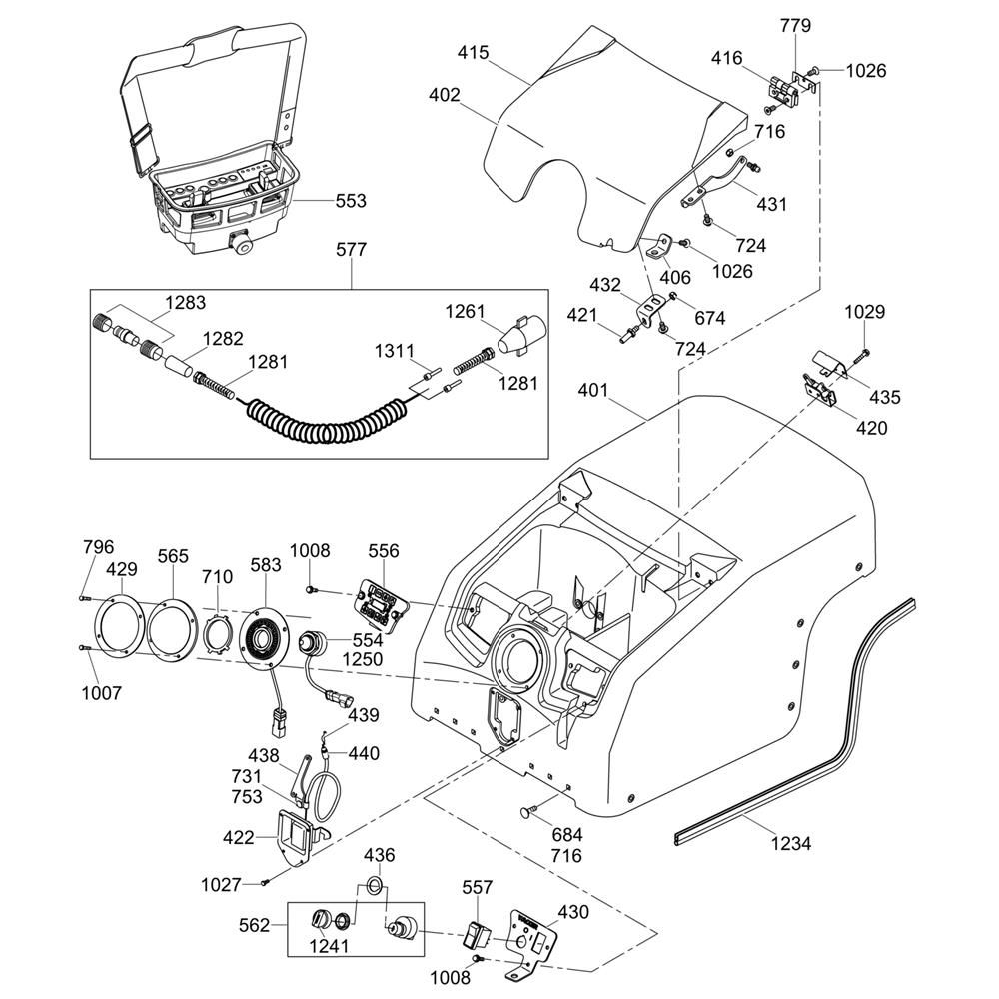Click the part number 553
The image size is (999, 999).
point(351,201)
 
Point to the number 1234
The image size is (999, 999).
point(790,844)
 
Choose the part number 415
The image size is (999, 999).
point(474,52)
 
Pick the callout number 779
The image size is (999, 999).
point(796,25)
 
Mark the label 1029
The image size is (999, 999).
point(865,312)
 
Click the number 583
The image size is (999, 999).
point(265,566)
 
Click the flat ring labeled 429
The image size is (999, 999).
point(121,625)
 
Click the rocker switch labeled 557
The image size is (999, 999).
point(476,936)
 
